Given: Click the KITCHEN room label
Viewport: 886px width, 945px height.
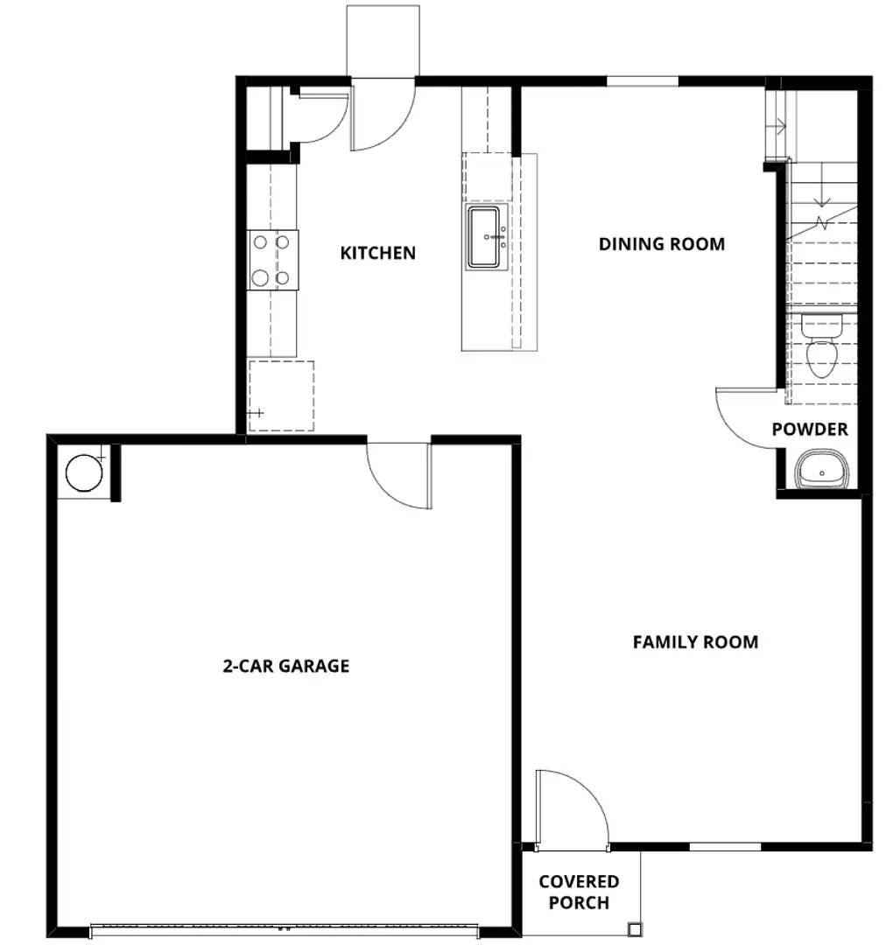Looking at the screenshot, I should pos(377,253).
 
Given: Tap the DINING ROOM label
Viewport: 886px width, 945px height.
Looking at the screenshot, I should pos(661,244).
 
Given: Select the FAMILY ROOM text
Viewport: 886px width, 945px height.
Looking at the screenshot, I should pos(695,642).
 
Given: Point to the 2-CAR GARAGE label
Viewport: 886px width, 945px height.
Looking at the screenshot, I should pos(285,666).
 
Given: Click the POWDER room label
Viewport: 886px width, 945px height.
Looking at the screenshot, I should pos(810,430).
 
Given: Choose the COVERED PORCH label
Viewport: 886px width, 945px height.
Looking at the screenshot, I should pos(578,892).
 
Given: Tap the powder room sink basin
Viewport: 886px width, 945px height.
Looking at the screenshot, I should pos(822,471).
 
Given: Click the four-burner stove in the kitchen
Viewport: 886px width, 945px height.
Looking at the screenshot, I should pos(272,260).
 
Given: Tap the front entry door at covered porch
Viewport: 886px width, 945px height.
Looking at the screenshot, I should pos(571,809).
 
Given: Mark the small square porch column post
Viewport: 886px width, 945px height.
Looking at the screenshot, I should pos(634,928).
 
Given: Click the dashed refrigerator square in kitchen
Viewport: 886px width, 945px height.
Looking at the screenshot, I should pos(281,395).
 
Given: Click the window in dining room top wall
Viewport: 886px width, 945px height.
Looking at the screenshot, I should pos(642,81).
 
